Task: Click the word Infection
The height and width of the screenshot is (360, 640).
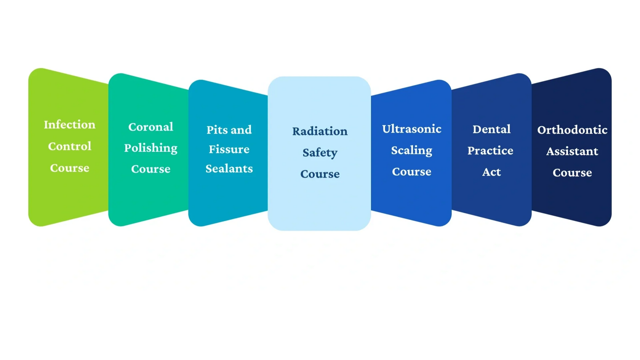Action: click(69, 125)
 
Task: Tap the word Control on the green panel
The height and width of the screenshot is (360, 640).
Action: click(70, 146)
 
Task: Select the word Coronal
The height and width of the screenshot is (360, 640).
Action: click(151, 127)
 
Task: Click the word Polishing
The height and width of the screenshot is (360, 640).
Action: click(151, 148)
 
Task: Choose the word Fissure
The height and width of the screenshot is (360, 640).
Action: click(229, 149)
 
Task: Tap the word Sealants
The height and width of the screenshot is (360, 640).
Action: click(229, 168)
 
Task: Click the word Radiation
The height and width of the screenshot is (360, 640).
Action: click(320, 131)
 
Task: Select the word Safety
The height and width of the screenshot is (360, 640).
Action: click(320, 153)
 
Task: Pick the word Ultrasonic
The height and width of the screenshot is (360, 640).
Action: click(412, 129)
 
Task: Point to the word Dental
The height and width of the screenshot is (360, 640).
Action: click(491, 129)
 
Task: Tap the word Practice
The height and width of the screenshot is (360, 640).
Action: click(490, 150)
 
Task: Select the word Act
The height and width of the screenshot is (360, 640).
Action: click(491, 172)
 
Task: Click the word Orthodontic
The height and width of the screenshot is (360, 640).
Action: click(572, 130)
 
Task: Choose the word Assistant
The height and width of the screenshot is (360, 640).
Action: click(572, 151)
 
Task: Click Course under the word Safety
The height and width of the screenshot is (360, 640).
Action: click(320, 174)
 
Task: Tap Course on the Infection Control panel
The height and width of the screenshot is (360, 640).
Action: click(69, 168)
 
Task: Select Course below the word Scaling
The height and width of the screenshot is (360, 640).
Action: click(411, 172)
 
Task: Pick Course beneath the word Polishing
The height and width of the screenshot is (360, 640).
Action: click(151, 169)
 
